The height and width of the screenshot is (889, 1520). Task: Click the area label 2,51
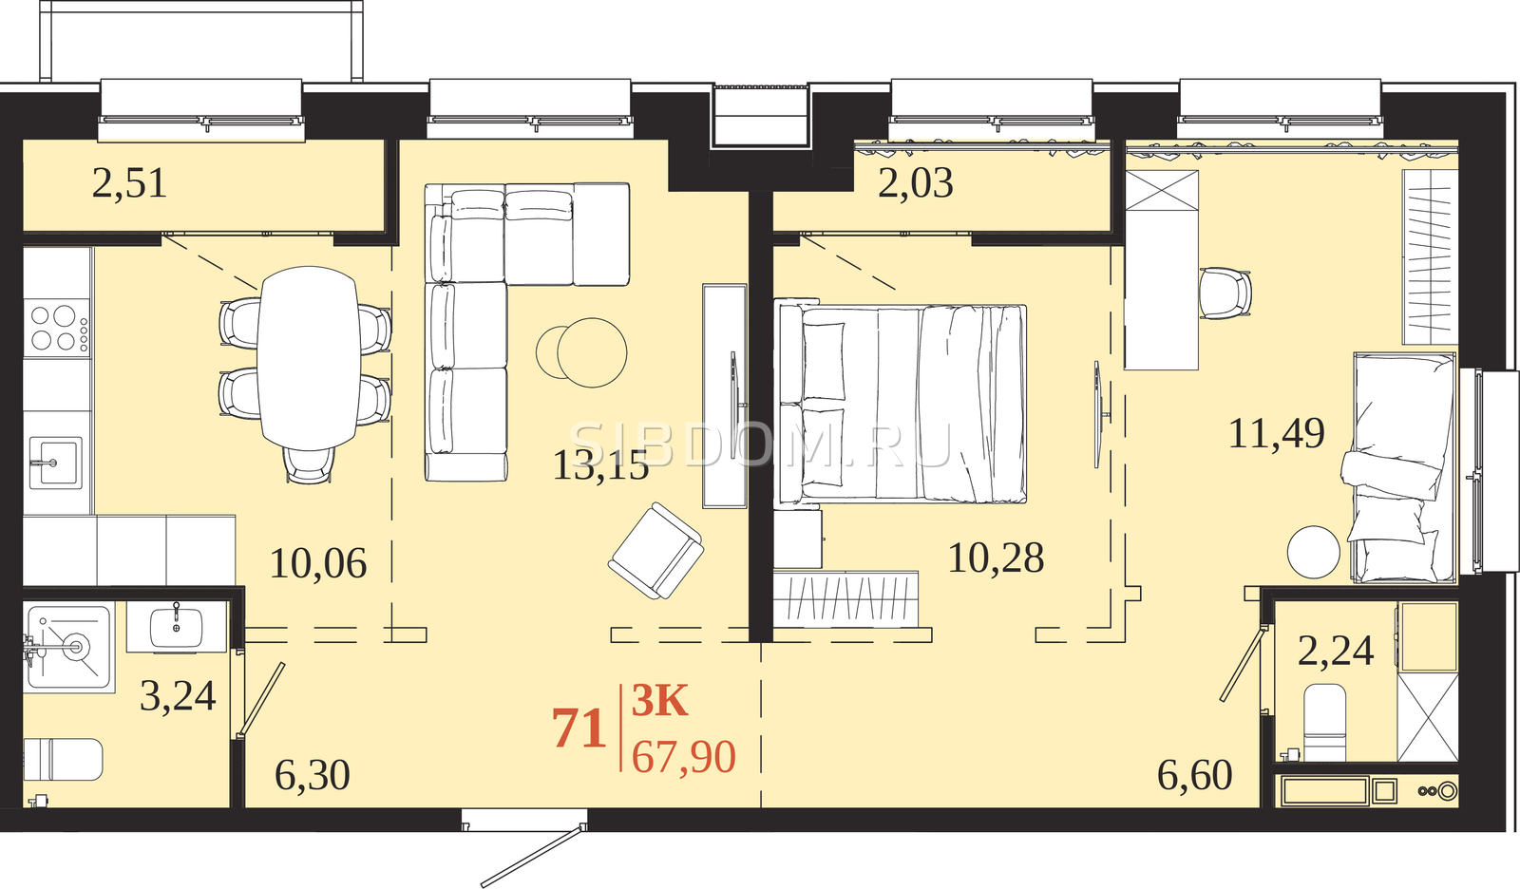(129, 184)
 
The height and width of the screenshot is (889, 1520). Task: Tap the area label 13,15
(601, 465)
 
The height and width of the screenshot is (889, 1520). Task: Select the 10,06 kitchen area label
(318, 562)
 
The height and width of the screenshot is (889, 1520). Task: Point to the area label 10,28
(996, 558)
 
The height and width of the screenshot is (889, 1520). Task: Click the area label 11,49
(1277, 433)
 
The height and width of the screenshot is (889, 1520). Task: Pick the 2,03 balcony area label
(916, 183)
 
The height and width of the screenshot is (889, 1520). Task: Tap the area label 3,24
(178, 695)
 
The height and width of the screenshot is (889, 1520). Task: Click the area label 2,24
(1336, 650)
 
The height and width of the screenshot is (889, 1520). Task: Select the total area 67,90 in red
(683, 757)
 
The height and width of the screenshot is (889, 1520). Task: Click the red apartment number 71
(579, 728)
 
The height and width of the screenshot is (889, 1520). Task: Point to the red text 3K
(659, 701)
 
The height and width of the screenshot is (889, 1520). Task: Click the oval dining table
(309, 358)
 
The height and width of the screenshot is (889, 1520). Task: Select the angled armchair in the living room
(655, 550)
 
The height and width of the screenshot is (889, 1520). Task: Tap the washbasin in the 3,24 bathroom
(177, 626)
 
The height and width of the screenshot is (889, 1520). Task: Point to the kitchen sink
(56, 463)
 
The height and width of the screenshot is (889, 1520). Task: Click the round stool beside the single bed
(1314, 552)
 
